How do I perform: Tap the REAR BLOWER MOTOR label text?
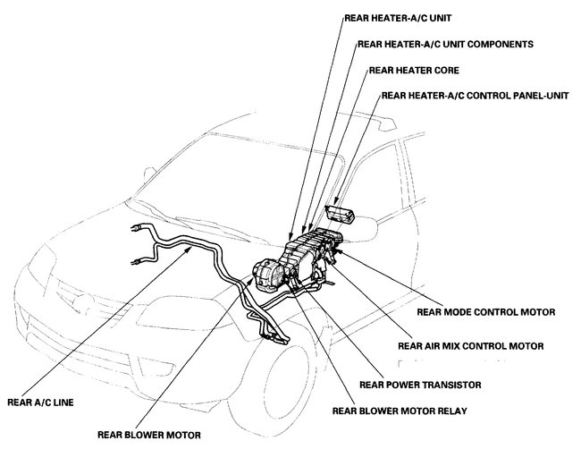tap(149, 436)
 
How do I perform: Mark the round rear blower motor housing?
tap(265, 269)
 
